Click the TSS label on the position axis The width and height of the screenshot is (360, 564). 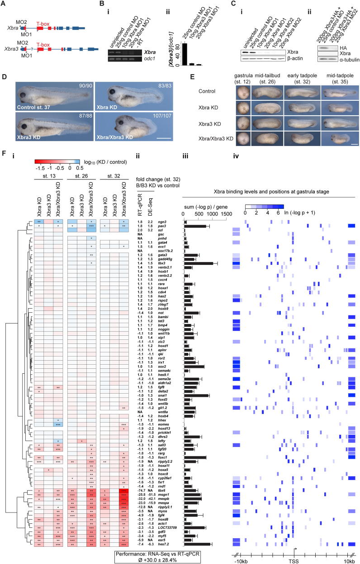pyautogui.click(x=293, y=560)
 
